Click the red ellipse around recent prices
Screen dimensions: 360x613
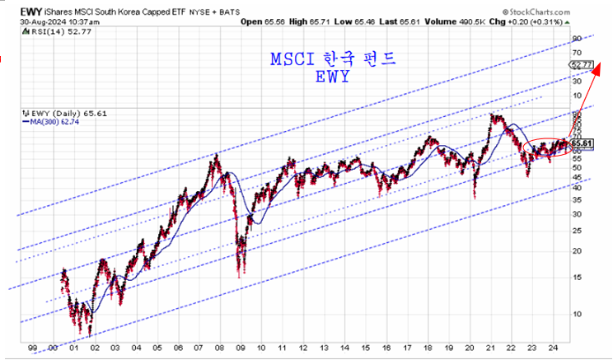[x=545, y=147]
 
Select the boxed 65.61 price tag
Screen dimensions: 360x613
[x=583, y=143]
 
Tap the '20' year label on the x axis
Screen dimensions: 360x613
[x=470, y=348]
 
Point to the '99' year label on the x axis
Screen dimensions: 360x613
[x=31, y=348]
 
